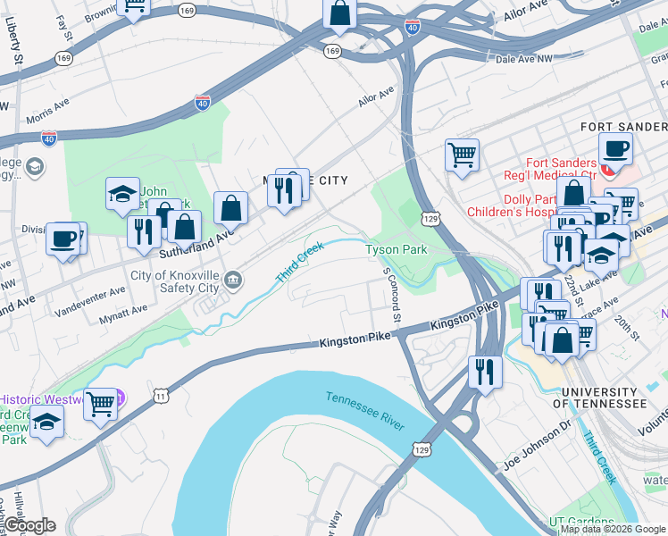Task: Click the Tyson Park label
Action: pos(397,250)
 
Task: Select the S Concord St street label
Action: pos(392,294)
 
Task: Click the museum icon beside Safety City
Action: pos(233,281)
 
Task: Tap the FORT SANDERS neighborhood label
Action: pos(622,127)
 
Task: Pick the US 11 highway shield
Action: pos(160,394)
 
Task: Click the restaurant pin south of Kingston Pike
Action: pos(484,371)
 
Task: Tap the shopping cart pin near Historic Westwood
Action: pos(100,403)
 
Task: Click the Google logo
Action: pos(29,525)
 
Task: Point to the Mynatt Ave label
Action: pos(123,313)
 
